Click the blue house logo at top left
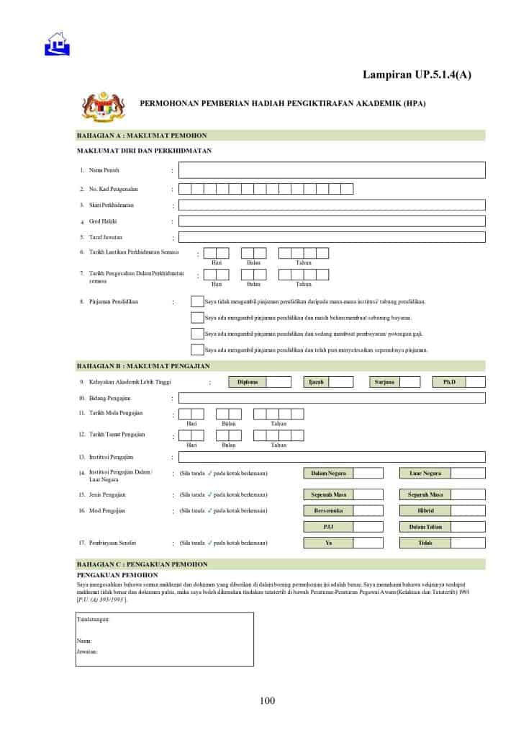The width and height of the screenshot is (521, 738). click(57, 45)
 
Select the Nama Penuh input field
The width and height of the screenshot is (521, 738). click(331, 170)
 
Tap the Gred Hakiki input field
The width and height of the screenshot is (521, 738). click(331, 221)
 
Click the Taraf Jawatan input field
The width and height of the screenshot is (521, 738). click(331, 237)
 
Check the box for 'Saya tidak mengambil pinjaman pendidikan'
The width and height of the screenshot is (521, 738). click(196, 301)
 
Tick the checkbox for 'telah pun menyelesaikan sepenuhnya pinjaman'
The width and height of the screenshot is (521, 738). click(196, 350)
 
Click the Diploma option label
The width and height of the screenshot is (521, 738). click(247, 382)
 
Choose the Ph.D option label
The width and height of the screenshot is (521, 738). click(450, 382)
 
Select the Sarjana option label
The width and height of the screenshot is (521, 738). click(384, 382)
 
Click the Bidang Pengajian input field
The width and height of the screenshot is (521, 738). click(331, 398)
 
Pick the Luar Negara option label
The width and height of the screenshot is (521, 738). click(425, 474)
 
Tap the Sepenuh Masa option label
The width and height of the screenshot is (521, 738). click(329, 494)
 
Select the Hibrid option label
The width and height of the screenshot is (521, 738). click(425, 511)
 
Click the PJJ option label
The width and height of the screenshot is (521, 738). click(329, 527)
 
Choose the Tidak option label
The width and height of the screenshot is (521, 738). click(425, 543)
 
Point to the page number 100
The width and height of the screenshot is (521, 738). click(268, 701)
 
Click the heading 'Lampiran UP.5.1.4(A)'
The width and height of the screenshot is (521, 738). click(417, 74)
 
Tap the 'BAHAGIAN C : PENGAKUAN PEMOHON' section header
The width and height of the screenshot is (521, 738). click(142, 564)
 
